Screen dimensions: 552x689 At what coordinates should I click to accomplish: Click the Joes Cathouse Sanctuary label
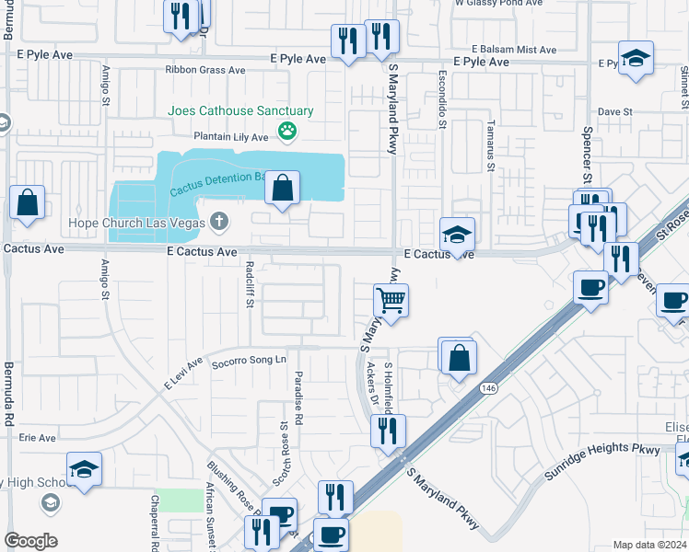pos(240,110)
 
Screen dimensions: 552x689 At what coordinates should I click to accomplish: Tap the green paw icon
pos(288,132)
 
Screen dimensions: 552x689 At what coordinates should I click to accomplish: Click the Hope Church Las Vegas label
pos(136,223)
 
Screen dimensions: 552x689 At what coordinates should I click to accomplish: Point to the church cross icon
pos(218,222)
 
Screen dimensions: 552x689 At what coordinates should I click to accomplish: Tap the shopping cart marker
pos(391,300)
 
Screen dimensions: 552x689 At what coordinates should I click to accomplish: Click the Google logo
pos(30,541)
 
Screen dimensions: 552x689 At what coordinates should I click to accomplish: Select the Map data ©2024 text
pos(649,545)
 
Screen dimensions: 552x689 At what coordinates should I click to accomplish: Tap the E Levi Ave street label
pos(182,374)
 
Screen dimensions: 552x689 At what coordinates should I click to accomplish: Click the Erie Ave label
pos(37,438)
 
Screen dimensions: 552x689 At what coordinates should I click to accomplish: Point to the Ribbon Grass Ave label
pos(204,70)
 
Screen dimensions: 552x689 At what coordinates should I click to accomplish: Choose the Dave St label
pos(614,111)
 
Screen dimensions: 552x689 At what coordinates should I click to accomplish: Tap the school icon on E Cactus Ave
pos(457,234)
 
